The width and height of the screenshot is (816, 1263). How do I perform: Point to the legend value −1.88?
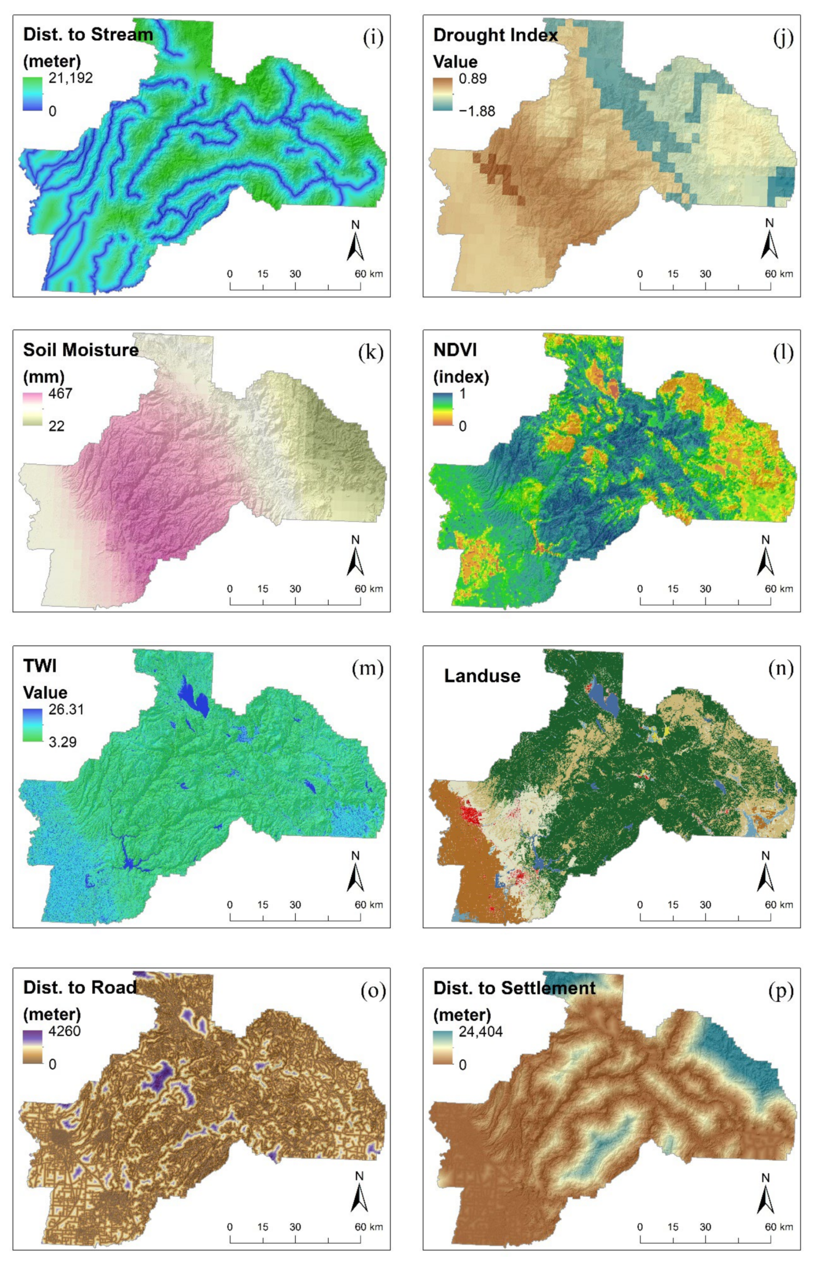(477, 111)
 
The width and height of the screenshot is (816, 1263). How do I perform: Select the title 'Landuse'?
(482, 676)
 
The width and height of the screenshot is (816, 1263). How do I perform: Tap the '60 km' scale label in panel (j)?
(778, 274)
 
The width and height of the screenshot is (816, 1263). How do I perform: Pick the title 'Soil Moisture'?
(81, 350)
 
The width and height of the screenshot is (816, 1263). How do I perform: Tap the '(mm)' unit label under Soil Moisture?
(43, 376)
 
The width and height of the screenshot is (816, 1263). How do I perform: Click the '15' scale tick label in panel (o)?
(263, 1227)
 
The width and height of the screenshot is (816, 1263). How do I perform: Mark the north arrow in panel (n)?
(765, 872)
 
